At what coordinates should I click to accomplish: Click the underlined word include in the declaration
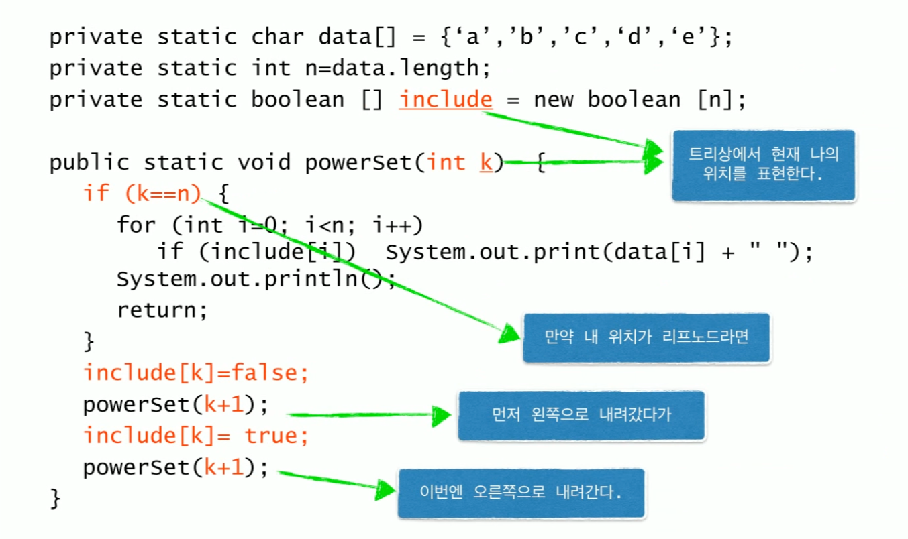[x=446, y=100]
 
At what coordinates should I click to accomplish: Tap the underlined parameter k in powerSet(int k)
[x=486, y=162]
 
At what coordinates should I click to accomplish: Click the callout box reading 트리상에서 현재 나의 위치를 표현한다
[x=764, y=165]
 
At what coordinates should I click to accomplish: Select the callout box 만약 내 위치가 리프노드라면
[x=646, y=337]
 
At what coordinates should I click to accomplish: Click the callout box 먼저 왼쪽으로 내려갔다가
[x=581, y=415]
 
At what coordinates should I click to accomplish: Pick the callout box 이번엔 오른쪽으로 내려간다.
[x=521, y=493]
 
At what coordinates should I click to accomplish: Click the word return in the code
[x=162, y=310]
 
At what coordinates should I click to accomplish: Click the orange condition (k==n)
[x=162, y=194]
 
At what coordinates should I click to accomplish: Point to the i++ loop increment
[x=402, y=225]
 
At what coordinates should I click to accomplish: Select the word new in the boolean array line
[x=554, y=100]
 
